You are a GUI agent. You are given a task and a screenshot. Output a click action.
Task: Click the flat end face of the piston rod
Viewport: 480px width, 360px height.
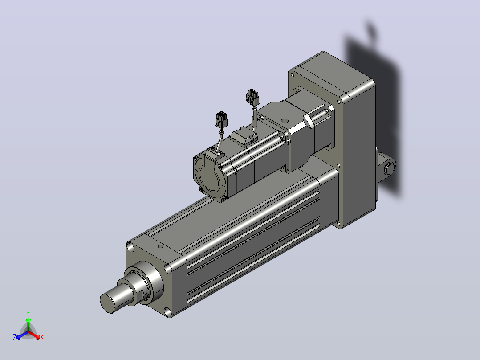click(x=107, y=303)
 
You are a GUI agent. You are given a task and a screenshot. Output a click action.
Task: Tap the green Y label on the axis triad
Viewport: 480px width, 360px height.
click(x=28, y=313)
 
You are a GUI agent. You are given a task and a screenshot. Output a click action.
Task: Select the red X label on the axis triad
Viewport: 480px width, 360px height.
click(x=42, y=337)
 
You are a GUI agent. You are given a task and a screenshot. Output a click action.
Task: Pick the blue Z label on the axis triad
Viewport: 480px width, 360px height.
click(x=15, y=337)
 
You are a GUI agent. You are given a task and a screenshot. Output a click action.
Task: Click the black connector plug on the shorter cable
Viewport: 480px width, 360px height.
click(x=221, y=119)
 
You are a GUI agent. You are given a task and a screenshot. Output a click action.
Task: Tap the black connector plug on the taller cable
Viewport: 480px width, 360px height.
click(x=252, y=97)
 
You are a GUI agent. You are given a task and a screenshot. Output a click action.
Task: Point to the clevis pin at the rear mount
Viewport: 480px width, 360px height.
click(x=390, y=168)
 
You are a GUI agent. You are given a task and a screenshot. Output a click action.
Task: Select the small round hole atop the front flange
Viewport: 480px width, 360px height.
click(x=160, y=246)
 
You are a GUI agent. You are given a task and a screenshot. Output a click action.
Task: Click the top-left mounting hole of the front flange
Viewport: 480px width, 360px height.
click(x=130, y=247)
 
